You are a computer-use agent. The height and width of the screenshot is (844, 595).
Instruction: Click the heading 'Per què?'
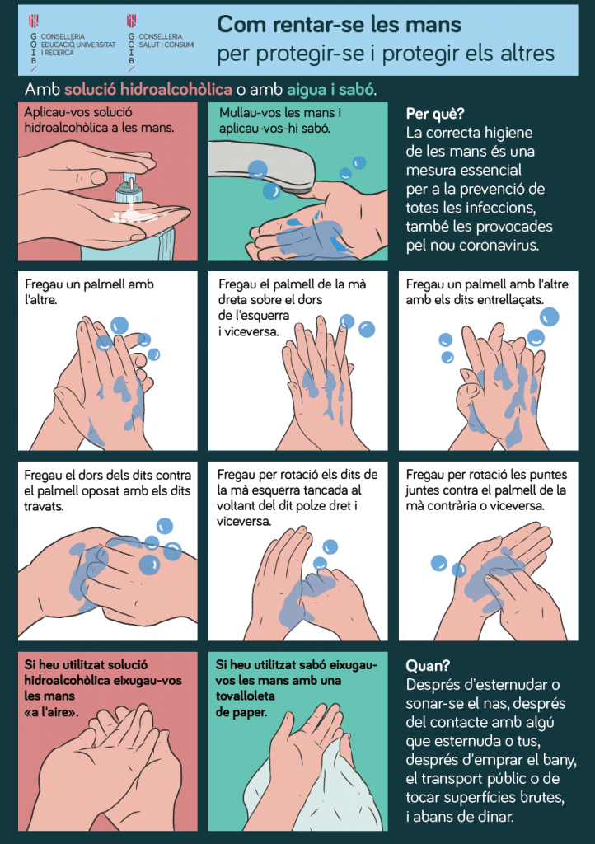point(434,114)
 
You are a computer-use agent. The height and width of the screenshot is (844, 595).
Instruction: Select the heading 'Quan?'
point(428,666)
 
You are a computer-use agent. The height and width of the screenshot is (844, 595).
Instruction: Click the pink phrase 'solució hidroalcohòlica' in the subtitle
point(148,89)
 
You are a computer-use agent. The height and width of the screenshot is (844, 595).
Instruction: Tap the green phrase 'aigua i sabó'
point(330,89)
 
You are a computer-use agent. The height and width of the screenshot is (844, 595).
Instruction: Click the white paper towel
point(349,791)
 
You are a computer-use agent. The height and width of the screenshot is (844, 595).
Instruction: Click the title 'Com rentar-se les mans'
point(339,24)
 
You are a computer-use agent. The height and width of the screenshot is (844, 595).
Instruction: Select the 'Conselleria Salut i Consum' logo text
point(166,40)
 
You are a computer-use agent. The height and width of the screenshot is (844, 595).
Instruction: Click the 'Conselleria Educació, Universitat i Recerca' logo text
point(78,45)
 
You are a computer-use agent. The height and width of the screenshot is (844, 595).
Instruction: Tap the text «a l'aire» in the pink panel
point(51,711)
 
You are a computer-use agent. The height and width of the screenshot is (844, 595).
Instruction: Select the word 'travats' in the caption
point(44,507)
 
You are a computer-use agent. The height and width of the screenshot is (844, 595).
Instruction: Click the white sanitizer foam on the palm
point(132,217)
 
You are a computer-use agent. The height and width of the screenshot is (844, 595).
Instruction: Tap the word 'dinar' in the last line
point(496,817)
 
